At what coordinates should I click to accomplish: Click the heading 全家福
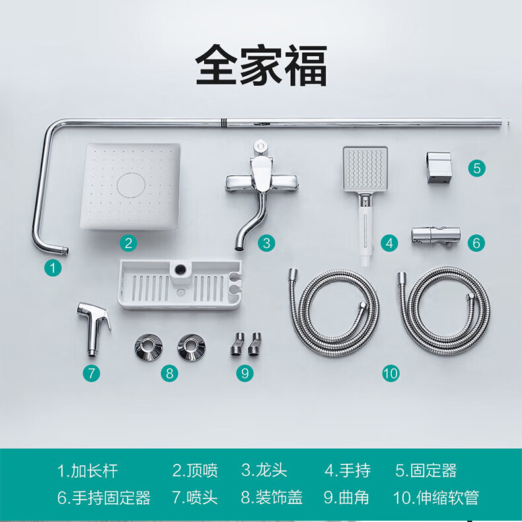[x=261, y=65]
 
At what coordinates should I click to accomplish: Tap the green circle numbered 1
[x=53, y=268]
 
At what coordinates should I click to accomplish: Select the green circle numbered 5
[x=476, y=168]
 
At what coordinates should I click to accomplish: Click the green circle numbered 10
[x=391, y=373]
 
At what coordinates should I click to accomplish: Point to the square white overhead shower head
[x=130, y=186]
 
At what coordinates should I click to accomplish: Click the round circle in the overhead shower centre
[x=131, y=186]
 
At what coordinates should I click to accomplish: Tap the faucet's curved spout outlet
[x=239, y=247]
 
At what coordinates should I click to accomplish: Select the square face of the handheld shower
[x=365, y=169]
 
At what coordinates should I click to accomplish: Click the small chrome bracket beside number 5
[x=439, y=167]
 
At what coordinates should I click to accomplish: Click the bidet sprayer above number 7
[x=93, y=328]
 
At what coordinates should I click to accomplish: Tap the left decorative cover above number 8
[x=149, y=347]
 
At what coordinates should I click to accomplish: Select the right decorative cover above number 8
[x=192, y=347]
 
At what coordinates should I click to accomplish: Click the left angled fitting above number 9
[x=237, y=344]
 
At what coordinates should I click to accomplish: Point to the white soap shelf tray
[x=180, y=285]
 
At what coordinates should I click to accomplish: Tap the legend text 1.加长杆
[x=88, y=470]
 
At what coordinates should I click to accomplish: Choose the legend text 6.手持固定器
[x=104, y=498]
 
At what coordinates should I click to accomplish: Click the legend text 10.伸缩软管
[x=436, y=498]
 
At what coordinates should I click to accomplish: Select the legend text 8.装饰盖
[x=272, y=498]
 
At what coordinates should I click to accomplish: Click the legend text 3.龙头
[x=264, y=470]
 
